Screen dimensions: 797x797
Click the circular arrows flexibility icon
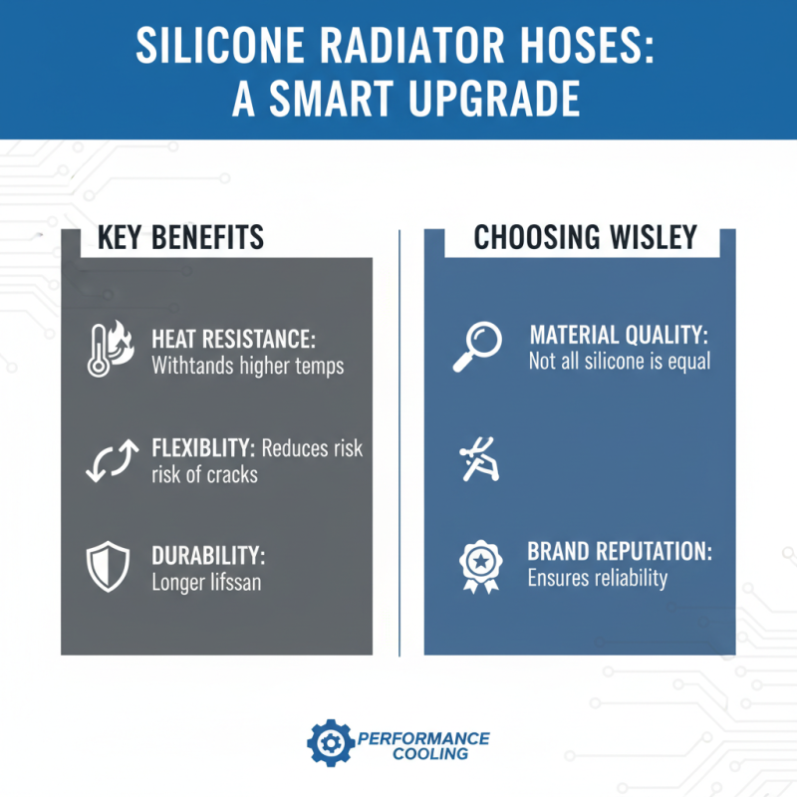[x=105, y=460]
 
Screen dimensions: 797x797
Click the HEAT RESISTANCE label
[x=233, y=339]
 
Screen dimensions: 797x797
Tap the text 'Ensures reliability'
[x=598, y=578]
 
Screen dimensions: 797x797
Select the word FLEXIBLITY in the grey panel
[x=203, y=448]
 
